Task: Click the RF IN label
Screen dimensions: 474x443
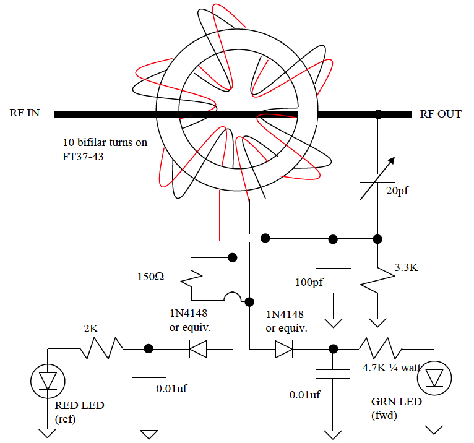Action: coord(25,113)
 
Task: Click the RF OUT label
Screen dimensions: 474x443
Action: coord(441,114)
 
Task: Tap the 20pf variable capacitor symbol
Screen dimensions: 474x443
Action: coord(377,178)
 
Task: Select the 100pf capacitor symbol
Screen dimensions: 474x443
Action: coord(333,264)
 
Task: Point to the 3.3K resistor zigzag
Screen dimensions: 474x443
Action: coord(377,280)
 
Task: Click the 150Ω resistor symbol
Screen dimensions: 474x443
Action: coord(192,279)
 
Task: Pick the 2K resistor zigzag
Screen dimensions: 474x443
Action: coord(101,348)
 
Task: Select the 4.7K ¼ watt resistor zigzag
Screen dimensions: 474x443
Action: coord(381,348)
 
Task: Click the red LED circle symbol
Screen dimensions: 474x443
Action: coord(48,381)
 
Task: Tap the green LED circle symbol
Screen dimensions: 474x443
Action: coord(434,378)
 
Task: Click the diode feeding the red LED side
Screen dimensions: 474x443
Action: coord(197,349)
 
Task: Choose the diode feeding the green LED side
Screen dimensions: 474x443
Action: coord(284,349)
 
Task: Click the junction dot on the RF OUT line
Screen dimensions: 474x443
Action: coord(378,114)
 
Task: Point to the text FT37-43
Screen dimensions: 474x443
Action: coord(83,157)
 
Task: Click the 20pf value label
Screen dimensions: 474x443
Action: coord(397,191)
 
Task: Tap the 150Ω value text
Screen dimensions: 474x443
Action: coord(150,277)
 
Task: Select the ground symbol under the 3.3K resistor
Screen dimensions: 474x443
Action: coord(377,323)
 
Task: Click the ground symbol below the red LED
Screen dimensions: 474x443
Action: coord(48,433)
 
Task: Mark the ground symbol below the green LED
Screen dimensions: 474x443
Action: coord(434,430)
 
